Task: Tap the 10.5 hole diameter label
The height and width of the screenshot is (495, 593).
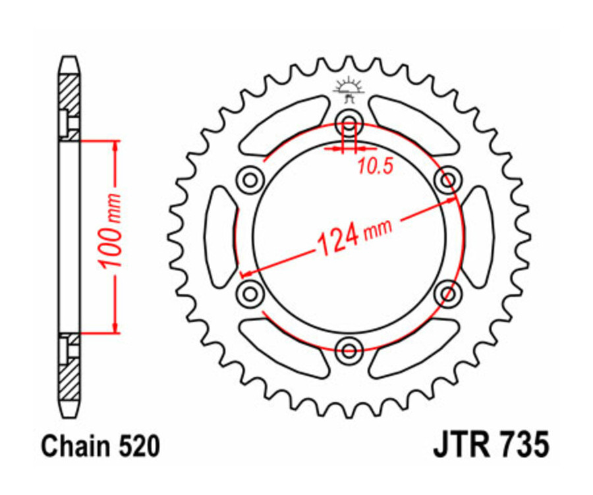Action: coord(375,167)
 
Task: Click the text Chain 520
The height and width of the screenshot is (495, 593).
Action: coord(100,446)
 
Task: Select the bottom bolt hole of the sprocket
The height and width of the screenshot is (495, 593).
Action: coord(349,348)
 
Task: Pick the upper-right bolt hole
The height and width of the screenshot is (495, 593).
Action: coord(447,178)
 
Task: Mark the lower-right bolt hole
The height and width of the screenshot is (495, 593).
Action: coord(447,291)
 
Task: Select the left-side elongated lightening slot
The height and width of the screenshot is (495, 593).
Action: coord(220,235)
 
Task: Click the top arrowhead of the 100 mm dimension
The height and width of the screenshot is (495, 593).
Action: coord(116,146)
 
